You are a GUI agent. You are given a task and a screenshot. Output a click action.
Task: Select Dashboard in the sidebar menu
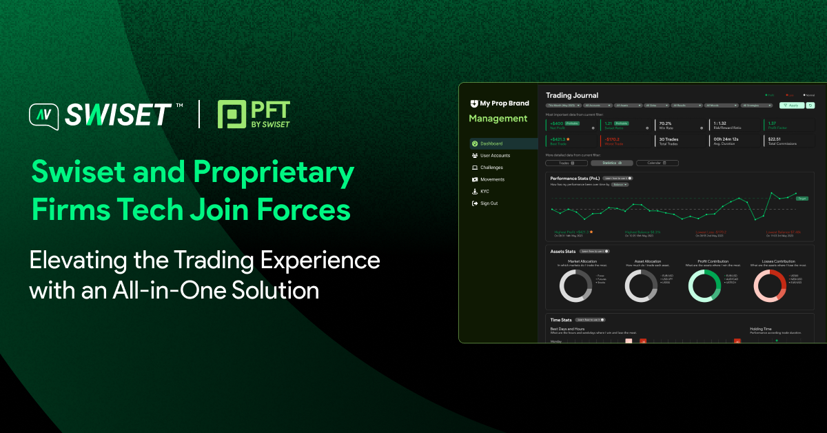coord(491,143)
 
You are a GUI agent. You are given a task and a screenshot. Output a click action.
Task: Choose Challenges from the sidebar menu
coord(491,168)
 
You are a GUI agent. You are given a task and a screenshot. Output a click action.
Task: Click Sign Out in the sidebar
coord(489,203)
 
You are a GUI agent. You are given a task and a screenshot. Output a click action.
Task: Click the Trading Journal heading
coord(572,95)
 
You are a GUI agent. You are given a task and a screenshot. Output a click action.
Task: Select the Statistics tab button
coord(611,163)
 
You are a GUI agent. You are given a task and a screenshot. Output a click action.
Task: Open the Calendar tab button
coord(657,163)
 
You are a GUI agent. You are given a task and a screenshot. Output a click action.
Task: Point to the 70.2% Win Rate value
coord(666,123)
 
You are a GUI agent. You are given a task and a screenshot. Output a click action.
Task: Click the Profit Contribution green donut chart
coord(704,285)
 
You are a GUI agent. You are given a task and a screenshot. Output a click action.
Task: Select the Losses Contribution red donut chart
coord(769,285)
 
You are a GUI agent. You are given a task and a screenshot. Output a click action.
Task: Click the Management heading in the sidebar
coord(498,119)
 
